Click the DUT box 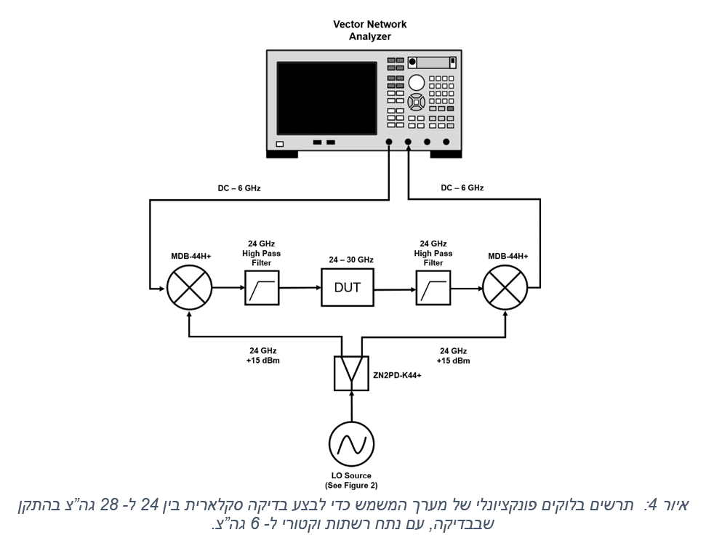click(347, 288)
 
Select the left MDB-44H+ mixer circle click(189, 288)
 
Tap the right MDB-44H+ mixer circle click(505, 288)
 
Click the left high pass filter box click(260, 288)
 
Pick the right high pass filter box click(433, 288)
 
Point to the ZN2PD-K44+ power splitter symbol click(350, 371)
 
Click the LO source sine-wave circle click(351, 443)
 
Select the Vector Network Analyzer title click(369, 30)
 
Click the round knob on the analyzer click(416, 82)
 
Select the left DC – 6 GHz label click(238, 188)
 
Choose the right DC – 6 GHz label click(462, 188)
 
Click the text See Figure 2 click(351, 485)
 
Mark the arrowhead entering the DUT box click(318, 288)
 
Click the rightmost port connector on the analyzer click(446, 143)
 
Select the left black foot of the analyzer click(282, 153)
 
